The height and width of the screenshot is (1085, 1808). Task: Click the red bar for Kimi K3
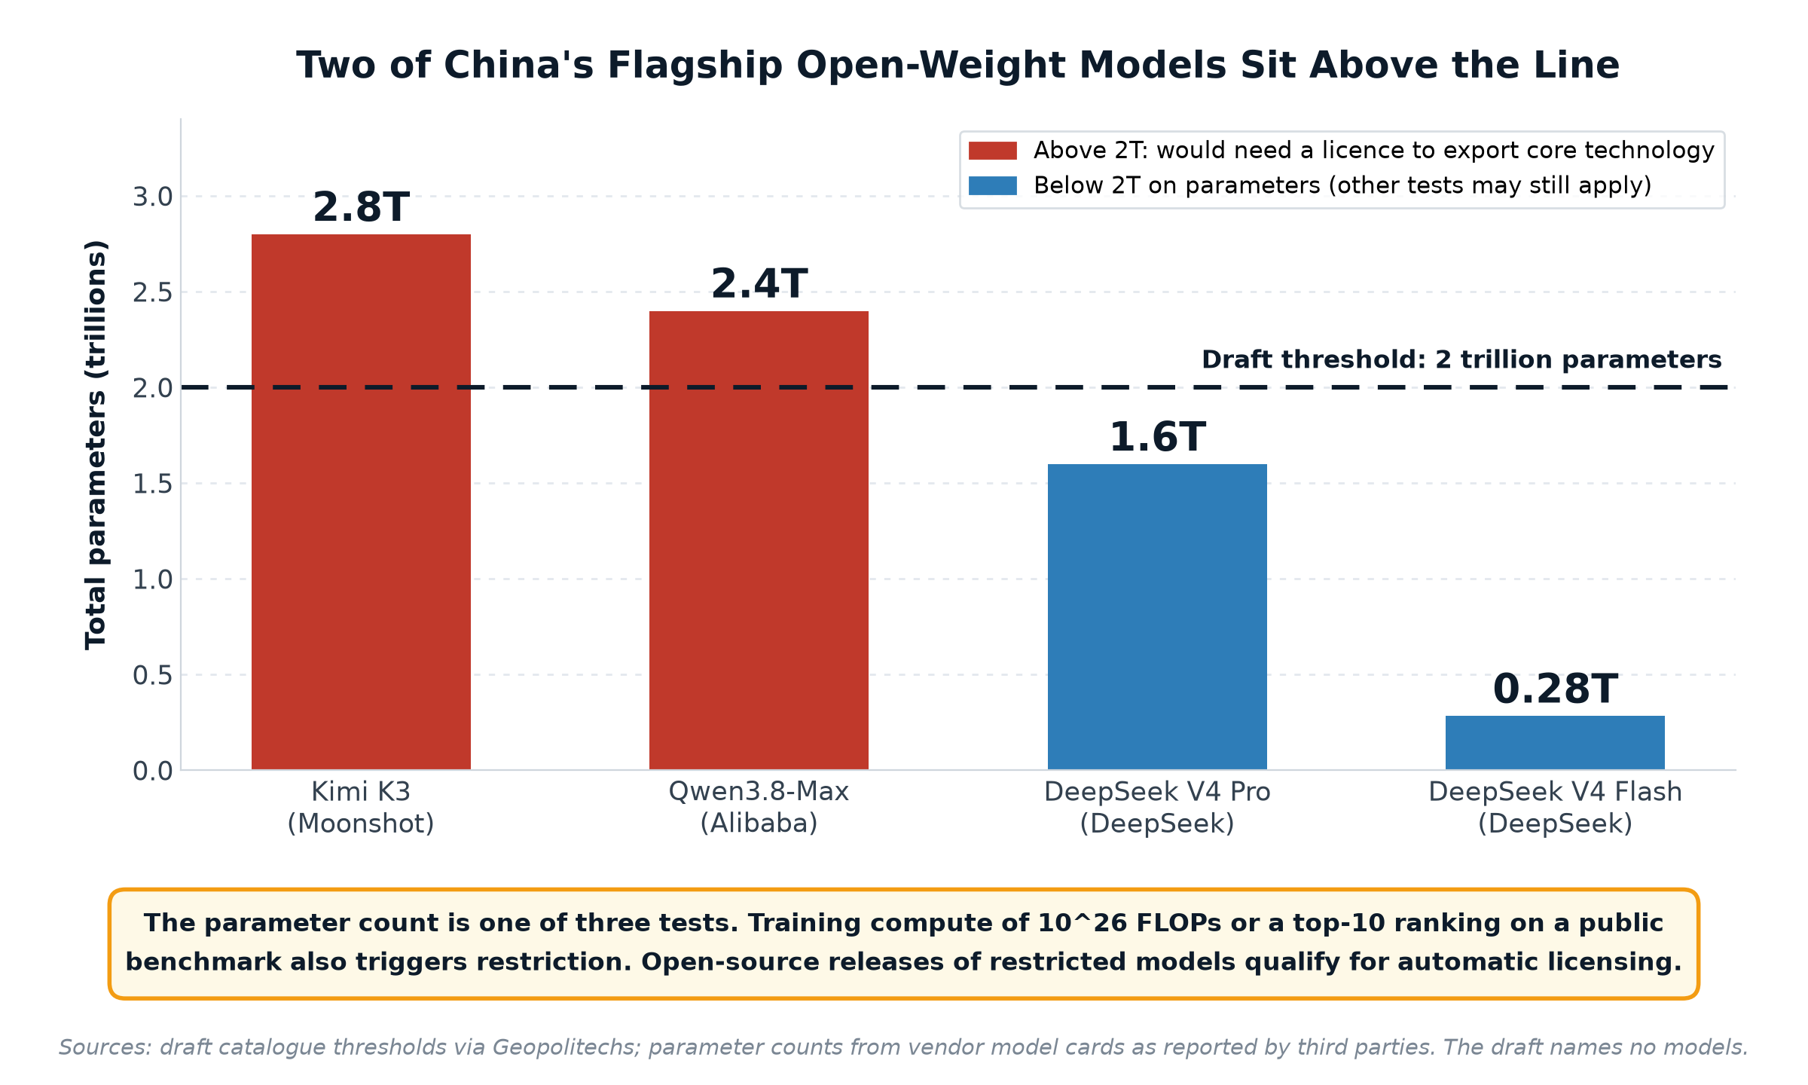361,502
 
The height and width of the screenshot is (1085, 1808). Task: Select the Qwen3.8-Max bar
759,540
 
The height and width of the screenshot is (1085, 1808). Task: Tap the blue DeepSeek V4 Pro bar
1157,617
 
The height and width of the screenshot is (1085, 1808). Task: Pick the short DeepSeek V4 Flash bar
1555,743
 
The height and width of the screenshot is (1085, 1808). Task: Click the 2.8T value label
361,207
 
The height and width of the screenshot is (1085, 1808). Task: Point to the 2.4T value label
759,284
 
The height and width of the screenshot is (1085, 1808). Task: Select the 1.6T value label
1157,437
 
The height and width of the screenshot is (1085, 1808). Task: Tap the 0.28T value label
1555,689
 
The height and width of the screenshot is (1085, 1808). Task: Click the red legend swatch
992,151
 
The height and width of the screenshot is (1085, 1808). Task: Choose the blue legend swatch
992,185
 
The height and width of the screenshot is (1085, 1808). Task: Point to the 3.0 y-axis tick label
153,197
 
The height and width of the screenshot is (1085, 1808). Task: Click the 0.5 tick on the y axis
153,675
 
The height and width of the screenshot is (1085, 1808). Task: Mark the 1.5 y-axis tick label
153,484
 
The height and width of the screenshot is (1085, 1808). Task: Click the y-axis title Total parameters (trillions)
96,445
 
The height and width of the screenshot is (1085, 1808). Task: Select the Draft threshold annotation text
1461,359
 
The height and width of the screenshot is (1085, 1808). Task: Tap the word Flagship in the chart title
695,66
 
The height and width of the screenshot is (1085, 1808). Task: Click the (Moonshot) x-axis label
361,824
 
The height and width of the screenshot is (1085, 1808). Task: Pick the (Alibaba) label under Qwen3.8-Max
759,824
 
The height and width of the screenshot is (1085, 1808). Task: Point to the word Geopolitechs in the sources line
566,1047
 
